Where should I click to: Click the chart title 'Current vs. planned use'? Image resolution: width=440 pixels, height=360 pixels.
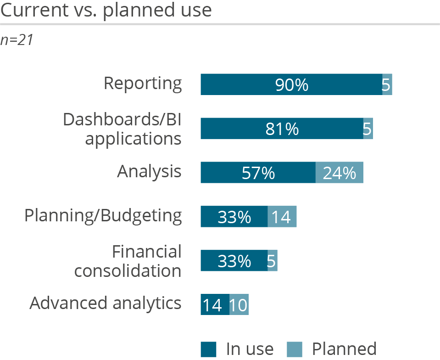click(106, 10)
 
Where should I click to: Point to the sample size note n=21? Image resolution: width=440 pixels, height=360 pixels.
click(17, 40)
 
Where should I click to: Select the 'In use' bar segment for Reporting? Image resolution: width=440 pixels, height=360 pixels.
click(291, 84)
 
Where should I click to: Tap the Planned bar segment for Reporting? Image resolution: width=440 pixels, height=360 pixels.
click(387, 84)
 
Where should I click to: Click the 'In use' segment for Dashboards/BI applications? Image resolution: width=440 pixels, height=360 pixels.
click(282, 129)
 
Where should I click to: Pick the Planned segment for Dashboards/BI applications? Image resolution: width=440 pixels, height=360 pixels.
click(368, 129)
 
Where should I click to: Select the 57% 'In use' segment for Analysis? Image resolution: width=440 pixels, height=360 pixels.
click(258, 173)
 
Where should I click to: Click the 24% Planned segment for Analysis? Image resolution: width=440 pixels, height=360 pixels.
click(340, 173)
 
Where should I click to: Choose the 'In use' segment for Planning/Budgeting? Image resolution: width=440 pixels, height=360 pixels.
click(234, 217)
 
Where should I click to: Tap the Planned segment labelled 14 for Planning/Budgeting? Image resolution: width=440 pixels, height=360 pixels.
click(282, 217)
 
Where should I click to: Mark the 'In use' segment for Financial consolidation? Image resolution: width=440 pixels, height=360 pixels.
click(234, 261)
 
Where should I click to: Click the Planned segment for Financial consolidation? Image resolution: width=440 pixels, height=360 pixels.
click(273, 261)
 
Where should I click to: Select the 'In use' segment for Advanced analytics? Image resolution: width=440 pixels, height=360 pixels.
click(215, 304)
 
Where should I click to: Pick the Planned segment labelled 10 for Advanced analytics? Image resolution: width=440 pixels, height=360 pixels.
click(239, 304)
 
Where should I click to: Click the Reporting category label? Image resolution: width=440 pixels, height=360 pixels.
click(143, 84)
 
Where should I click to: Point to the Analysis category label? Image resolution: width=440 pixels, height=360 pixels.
click(150, 172)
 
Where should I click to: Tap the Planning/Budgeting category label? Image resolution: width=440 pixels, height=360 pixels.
click(103, 216)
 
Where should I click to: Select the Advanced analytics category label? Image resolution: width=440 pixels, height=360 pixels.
click(106, 304)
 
